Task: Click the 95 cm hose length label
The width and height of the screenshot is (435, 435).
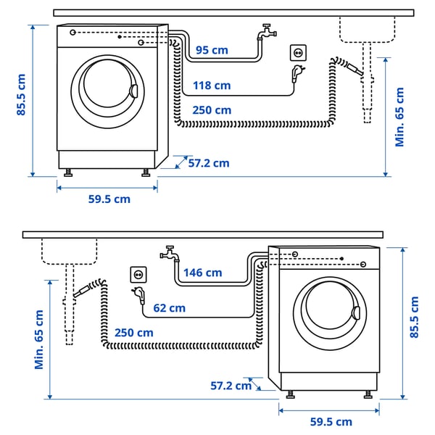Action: point(212,50)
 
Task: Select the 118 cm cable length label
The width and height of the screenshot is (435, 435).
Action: point(212,86)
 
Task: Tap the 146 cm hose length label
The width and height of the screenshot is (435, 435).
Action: point(202,273)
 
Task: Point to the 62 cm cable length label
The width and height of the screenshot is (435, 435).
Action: point(169,308)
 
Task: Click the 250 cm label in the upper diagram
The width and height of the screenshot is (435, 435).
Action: point(212,110)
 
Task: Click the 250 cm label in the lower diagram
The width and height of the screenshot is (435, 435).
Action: point(134,332)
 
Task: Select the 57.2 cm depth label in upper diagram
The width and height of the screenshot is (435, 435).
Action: point(208,163)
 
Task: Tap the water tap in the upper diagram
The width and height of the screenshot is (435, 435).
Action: point(266,33)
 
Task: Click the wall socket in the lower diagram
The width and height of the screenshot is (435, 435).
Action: point(138,274)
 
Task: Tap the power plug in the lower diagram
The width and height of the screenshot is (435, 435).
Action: point(138,295)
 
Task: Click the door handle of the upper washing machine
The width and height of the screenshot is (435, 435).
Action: point(133,91)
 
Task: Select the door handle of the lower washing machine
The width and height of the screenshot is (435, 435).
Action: point(355,313)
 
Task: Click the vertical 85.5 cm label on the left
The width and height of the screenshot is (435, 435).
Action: point(22,95)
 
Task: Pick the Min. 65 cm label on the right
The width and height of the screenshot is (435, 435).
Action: point(400,116)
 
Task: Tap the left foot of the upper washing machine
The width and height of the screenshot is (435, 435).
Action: point(69,173)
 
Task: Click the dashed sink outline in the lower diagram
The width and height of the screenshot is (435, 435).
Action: point(69,251)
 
